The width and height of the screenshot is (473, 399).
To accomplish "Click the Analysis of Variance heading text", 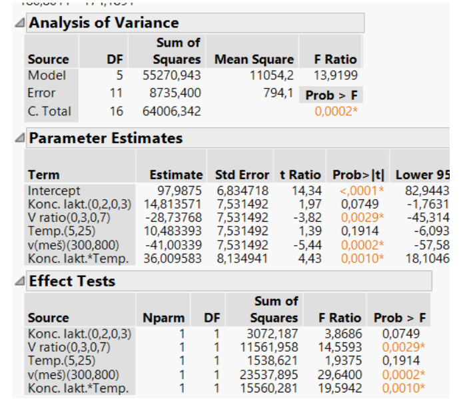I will click(103, 23).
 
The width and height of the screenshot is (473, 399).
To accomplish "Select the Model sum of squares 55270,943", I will click(172, 75).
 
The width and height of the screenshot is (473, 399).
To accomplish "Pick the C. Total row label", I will click(49, 111).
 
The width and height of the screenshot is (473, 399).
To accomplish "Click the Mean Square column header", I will click(254, 59).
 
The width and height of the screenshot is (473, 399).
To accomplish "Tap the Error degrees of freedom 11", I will click(115, 93).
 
